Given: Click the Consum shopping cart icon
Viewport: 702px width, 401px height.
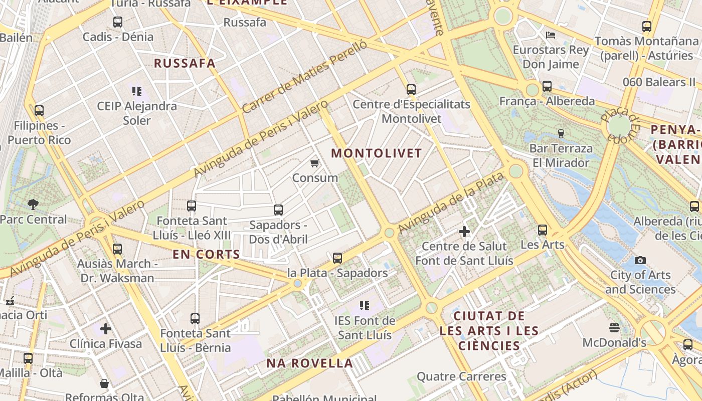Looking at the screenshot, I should [315, 163].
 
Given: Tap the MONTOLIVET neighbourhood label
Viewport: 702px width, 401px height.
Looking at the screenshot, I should [377, 153].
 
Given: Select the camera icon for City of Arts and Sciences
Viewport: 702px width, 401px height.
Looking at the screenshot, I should [640, 260].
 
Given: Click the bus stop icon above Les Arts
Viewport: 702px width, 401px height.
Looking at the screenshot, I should [543, 230].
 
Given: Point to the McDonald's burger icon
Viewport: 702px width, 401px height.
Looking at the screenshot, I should [615, 328].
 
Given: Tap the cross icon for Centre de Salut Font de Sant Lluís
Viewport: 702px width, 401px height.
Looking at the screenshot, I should [464, 232].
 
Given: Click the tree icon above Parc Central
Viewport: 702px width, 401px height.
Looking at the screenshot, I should [33, 204].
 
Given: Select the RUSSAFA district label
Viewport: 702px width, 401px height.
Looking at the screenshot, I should [185, 63].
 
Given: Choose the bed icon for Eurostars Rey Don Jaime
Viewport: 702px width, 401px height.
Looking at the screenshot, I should [551, 35].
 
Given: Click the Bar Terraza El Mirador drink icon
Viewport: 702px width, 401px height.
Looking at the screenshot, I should [561, 134].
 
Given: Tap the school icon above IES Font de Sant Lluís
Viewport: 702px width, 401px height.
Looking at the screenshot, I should [365, 305].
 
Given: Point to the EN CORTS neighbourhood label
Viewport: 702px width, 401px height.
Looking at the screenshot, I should [207, 254].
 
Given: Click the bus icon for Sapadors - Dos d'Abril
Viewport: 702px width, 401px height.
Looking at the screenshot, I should [278, 210].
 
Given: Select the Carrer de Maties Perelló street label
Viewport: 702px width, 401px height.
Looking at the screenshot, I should [304, 76].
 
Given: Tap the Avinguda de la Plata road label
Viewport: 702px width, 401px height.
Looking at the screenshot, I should [451, 203].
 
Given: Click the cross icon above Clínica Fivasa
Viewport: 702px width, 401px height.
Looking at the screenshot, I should [106, 329].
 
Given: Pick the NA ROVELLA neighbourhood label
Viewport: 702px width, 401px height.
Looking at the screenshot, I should [309, 363].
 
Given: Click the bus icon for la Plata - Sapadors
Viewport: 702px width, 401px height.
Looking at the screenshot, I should [337, 258].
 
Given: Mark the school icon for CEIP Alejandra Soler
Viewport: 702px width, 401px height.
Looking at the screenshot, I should [137, 91].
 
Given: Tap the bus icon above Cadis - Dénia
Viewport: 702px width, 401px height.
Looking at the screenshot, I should [118, 22].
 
